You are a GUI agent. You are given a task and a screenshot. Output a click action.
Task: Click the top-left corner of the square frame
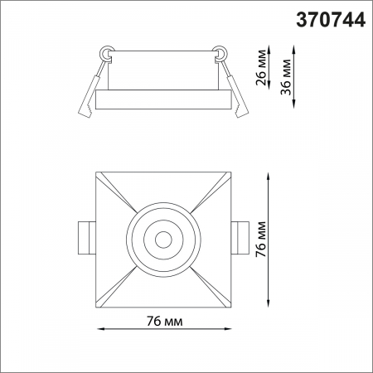click(x=96, y=173)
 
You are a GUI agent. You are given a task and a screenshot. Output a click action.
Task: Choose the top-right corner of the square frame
click(x=230, y=173)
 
